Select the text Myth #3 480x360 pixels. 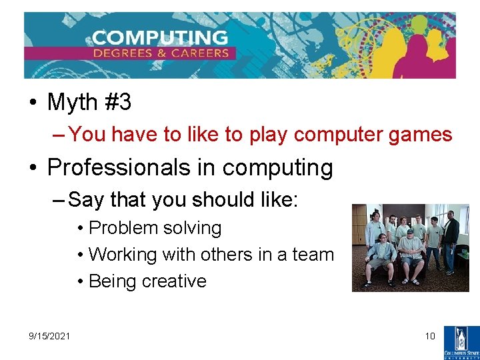click(x=89, y=103)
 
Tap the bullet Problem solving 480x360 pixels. click(x=155, y=228)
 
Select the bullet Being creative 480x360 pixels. click(x=147, y=281)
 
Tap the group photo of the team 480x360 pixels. click(x=410, y=248)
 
